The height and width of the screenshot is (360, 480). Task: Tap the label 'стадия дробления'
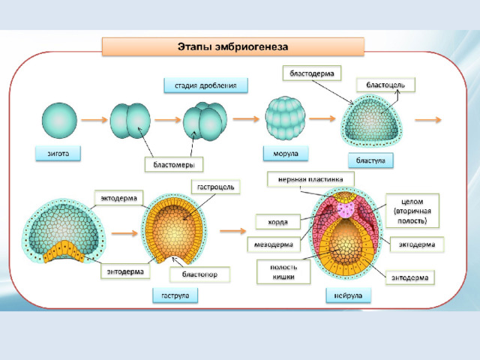tap(205, 85)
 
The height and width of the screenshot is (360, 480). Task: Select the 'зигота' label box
tap(57, 154)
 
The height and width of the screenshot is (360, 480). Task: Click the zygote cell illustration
tap(58, 119)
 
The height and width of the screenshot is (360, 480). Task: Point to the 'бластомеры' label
tap(174, 163)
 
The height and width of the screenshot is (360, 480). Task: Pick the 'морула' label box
tap(281, 154)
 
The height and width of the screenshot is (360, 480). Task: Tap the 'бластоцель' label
tap(385, 85)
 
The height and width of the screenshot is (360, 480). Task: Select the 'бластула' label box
tap(370, 160)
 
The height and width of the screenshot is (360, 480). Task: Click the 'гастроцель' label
tap(216, 185)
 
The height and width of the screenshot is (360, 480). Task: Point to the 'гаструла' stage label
tap(175, 295)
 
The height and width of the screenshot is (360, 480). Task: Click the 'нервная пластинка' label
tap(307, 179)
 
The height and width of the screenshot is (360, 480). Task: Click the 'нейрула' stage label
tap(348, 295)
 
